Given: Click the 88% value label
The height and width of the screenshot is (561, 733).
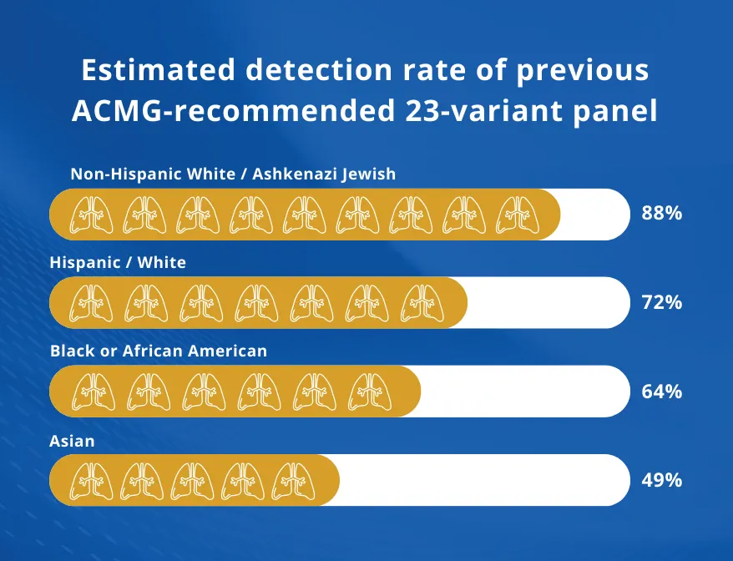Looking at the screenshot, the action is (661, 213).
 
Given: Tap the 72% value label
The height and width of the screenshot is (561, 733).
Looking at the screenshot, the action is (661, 302).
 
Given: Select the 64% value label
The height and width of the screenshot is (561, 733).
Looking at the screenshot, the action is (661, 392).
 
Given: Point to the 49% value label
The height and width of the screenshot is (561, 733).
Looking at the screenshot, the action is (661, 480).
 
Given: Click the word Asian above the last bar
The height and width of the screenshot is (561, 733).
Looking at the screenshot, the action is (72, 441).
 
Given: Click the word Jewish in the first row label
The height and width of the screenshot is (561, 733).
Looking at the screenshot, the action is (369, 174).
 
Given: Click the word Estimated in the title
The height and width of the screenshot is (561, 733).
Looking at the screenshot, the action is (158, 69).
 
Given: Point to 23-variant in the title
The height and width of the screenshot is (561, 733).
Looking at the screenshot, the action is (483, 111).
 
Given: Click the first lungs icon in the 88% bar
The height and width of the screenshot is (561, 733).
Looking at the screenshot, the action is (92, 215).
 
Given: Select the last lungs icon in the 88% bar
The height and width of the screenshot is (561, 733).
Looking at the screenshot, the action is (518, 215).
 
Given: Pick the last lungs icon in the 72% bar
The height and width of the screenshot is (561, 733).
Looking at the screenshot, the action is (422, 303).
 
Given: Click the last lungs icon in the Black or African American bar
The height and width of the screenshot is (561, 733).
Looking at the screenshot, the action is (370, 392).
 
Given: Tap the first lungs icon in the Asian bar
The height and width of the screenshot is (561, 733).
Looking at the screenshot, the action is (92, 481).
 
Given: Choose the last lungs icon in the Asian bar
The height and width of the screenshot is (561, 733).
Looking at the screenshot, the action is (294, 481).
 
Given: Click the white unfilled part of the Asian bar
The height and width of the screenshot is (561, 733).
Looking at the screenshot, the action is (484, 480).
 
